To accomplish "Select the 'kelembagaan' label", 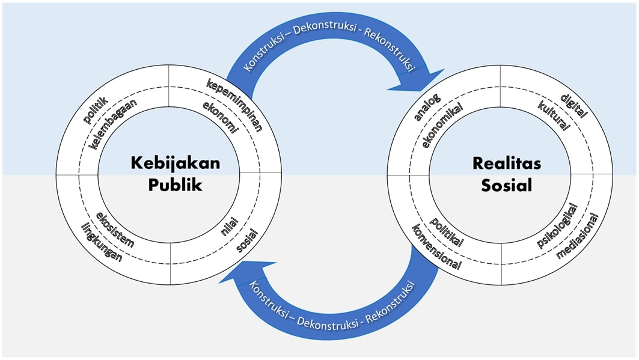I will click(x=112, y=125).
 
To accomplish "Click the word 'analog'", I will click(x=427, y=106).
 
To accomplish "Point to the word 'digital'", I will click(x=572, y=106).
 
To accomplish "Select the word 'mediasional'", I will click(x=578, y=236).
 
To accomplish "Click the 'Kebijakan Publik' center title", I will click(x=176, y=173).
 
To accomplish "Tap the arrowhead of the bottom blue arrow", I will click(x=248, y=273).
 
